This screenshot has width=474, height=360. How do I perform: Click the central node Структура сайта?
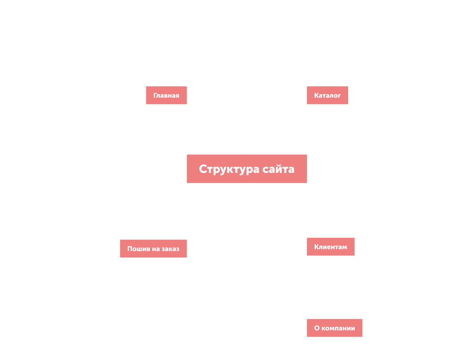click(247, 169)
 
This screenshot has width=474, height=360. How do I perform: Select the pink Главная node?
click(166, 96)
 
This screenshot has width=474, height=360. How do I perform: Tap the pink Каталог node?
click(327, 96)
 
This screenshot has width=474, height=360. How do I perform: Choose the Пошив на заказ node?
click(153, 248)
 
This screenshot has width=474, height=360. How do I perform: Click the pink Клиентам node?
click(331, 247)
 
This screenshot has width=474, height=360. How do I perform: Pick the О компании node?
click(334, 328)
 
